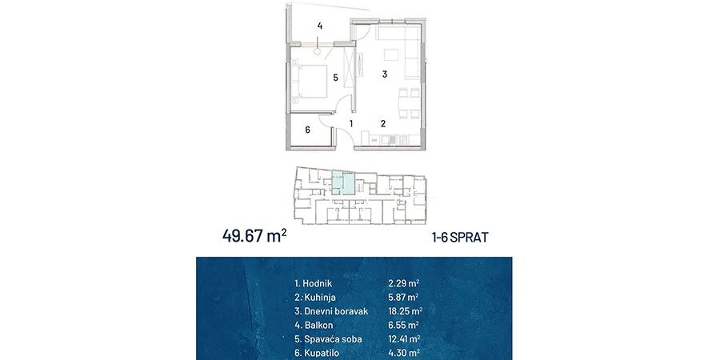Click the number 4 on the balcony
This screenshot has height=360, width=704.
pos(320,26)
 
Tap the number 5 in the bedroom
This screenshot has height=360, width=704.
pos(335,78)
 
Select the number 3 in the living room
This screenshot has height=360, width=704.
pos(384,74)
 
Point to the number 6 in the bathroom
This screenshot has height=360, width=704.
pos(307,130)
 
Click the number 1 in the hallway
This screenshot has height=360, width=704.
pos(351,123)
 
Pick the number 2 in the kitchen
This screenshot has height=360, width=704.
pos(383,123)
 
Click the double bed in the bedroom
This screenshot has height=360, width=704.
pos(309,82)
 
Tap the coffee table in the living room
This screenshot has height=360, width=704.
pos(390,54)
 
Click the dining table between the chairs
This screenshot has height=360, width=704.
pos(409,104)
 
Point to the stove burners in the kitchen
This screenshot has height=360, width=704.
pos(403,140)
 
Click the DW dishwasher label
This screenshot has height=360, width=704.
pos(374,141)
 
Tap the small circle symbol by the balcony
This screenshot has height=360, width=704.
pos(318,53)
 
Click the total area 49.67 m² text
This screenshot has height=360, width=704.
pos(254,236)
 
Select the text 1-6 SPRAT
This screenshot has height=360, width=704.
pos(460,238)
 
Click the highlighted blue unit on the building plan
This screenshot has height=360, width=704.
pos(344,182)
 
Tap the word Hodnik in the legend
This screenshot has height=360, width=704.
pos(318,283)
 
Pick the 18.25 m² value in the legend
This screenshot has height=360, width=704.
pos(405,311)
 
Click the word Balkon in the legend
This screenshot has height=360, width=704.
pos(318,325)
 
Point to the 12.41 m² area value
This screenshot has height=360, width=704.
pos(404,339)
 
